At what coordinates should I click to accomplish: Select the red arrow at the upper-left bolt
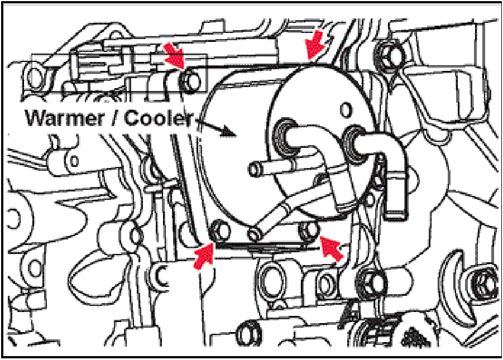(x=175, y=55)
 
